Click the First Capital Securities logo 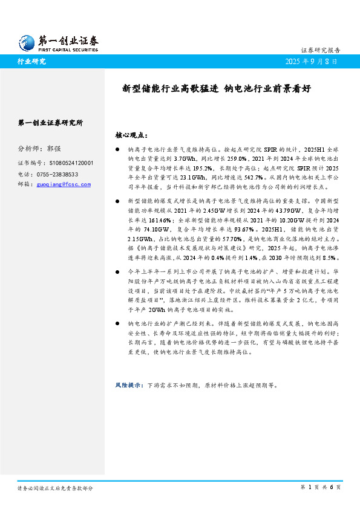57,42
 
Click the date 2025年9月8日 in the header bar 311,62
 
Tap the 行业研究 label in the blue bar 31,62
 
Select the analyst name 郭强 54,149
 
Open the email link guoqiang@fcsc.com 64,184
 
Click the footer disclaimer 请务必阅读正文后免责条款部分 55,487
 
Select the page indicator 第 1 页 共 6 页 321,487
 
